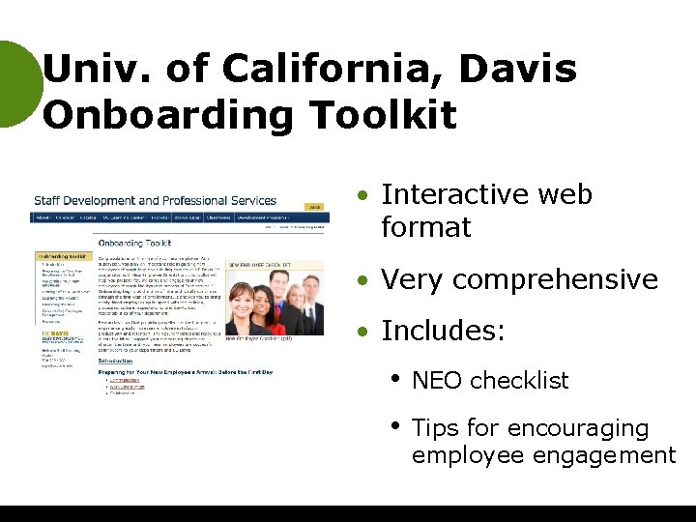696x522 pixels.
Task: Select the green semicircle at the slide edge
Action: pos(17,84)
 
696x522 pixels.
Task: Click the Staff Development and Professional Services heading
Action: pos(156,201)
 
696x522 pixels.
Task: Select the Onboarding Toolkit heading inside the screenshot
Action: pos(135,244)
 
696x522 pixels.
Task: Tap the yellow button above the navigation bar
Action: pos(314,207)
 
